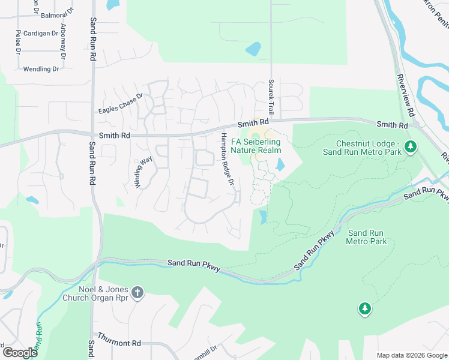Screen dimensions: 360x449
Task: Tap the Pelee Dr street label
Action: click(19, 41)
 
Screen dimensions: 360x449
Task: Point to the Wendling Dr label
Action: click(41, 69)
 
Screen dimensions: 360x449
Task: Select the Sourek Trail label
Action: click(271, 98)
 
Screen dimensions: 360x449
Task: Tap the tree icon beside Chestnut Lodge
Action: click(411, 146)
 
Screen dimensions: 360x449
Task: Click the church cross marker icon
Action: click(137, 292)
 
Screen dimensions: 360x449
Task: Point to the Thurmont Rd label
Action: click(119, 343)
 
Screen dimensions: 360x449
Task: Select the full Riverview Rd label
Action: click(406, 95)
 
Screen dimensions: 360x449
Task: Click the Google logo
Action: click(19, 352)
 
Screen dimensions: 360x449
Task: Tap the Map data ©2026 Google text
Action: click(412, 355)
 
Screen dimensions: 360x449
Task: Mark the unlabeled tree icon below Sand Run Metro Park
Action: click(364, 308)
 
